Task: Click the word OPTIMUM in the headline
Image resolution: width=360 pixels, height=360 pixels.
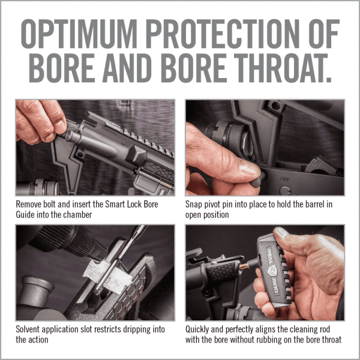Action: pyautogui.click(x=79, y=34)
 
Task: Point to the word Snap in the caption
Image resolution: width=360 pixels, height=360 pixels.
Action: pyautogui.click(x=194, y=205)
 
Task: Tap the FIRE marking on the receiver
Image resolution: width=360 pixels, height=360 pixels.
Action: pyautogui.click(x=284, y=179)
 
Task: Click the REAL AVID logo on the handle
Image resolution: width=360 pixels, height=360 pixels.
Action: pyautogui.click(x=273, y=271)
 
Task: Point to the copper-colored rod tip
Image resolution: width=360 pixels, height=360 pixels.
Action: pyautogui.click(x=244, y=266)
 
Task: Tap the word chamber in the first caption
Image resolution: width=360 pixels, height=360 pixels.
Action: pyautogui.click(x=77, y=215)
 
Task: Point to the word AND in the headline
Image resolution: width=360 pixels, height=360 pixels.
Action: pyautogui.click(x=128, y=68)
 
